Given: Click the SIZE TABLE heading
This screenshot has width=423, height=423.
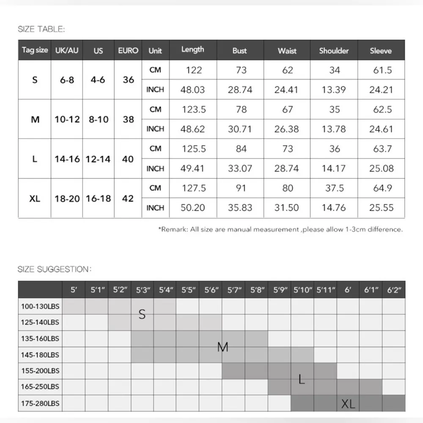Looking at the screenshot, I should tap(41, 29).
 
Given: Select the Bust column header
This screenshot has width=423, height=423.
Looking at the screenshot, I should tap(239, 51).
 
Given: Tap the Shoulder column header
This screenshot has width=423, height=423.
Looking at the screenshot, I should tap(334, 51).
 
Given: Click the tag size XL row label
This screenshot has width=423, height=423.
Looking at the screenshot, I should tap(35, 198).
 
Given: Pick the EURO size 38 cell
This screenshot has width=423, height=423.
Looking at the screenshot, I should tap(128, 119).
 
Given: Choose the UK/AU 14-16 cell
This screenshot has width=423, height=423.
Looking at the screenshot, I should tap(67, 159).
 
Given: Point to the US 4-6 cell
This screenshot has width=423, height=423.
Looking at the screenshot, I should tap(98, 80).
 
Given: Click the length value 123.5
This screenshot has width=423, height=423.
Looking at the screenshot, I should tap(193, 110).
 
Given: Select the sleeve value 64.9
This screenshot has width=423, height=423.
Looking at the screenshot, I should tap(382, 188).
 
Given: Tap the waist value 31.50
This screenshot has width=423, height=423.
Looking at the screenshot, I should tap(287, 208).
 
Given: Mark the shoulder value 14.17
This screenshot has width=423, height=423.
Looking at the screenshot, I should tap(334, 168).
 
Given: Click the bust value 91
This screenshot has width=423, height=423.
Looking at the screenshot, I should tap(241, 188).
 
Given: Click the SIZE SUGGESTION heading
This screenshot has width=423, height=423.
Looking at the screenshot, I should tap(54, 269).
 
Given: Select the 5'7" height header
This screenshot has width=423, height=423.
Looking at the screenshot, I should tap(234, 290).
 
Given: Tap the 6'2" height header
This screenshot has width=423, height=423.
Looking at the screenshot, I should tap(394, 290).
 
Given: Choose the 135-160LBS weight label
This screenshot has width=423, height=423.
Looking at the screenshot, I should tap(40, 338).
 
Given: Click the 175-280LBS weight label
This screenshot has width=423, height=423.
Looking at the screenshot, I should tap(40, 403).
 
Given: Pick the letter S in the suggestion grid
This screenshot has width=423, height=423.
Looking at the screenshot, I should tap(142, 314).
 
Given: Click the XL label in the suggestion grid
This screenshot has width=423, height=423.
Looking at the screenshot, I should tap(348, 404).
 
